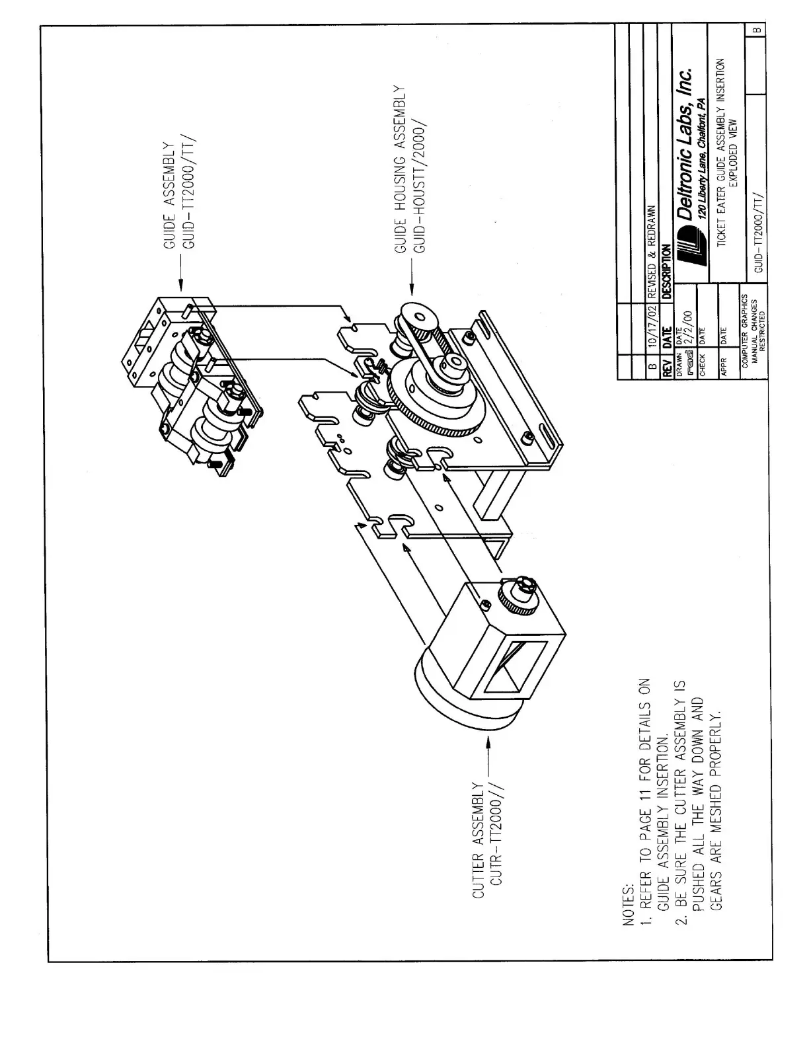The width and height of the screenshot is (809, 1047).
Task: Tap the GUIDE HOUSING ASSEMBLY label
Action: (x=400, y=170)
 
